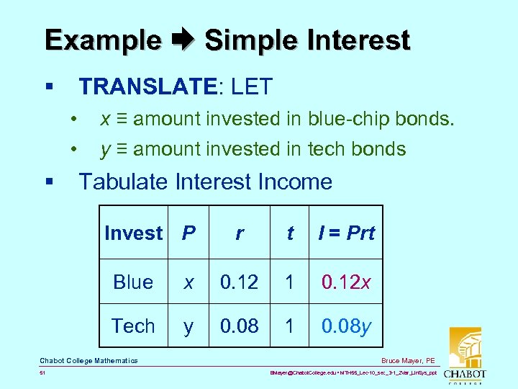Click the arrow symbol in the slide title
point(183,40)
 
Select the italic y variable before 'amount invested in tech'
point(105,149)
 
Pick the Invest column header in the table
point(133,233)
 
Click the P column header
point(188,233)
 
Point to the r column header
point(239,233)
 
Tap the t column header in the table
point(290,233)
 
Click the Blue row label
point(133,282)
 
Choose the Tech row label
point(133,326)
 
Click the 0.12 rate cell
point(239,282)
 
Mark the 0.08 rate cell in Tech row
point(239,326)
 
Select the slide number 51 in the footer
point(42,372)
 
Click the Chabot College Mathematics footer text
point(88,360)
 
